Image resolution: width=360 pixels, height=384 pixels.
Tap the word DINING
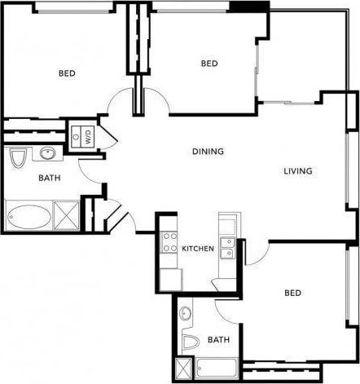tap(208, 152)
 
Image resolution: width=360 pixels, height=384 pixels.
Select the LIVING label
tap(298, 171)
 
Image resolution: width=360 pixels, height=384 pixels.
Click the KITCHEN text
tap(197, 248)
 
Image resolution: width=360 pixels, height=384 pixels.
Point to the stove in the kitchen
tap(170, 241)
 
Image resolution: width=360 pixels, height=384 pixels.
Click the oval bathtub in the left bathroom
tap(28, 216)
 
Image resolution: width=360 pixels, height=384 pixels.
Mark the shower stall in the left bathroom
tap(65, 215)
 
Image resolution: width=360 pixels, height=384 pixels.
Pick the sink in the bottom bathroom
tap(186, 313)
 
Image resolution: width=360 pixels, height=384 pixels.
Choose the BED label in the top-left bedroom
tap(67, 73)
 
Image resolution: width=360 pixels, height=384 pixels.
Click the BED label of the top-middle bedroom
tap(209, 64)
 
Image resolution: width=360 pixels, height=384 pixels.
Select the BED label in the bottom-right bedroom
tap(293, 293)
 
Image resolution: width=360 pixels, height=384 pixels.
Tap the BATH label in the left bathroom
tap(49, 177)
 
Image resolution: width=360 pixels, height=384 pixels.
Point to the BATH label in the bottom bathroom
tap(217, 339)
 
